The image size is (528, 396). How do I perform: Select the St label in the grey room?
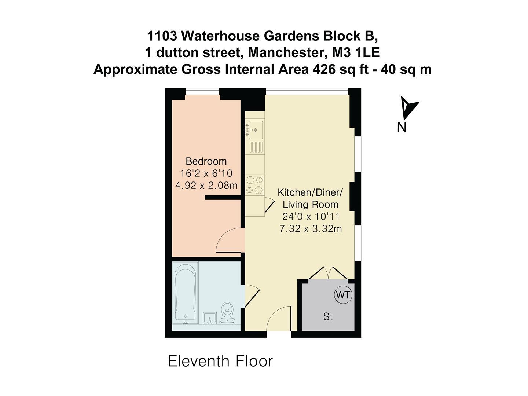328,316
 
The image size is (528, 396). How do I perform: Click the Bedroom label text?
206,161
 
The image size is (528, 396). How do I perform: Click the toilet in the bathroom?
227,313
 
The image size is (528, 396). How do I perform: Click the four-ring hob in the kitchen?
255,185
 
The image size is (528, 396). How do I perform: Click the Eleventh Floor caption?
220,361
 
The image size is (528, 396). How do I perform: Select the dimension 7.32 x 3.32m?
311,229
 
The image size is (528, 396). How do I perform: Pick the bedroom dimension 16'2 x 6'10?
206,173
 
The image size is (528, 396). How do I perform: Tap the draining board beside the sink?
255,147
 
